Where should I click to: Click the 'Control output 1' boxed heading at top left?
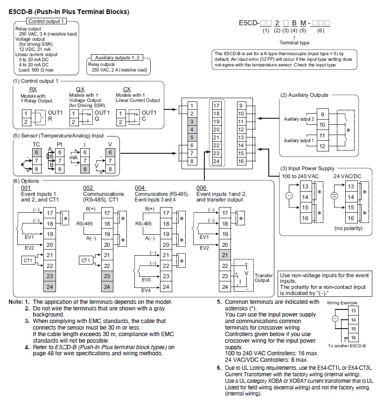tap(46, 21)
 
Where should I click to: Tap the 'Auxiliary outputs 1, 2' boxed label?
tap(117, 57)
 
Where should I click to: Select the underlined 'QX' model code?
tap(80, 89)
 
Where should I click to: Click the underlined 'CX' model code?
tap(127, 89)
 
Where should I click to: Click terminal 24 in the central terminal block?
tap(216, 161)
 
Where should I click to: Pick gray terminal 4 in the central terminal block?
tap(192, 129)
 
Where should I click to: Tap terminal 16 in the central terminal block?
tap(241, 161)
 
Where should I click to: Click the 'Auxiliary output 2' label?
tap(299, 119)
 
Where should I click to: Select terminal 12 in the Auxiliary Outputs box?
tap(322, 146)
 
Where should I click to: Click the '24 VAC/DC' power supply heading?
tap(347, 176)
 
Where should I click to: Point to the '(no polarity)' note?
tap(349, 228)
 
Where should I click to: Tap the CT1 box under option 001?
tap(28, 260)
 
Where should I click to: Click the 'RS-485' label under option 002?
tap(84, 223)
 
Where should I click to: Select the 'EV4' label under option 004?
tap(146, 290)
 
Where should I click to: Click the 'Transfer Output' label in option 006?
tap(264, 278)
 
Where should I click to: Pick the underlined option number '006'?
tap(201, 188)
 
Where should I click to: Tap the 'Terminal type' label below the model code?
tap(294, 43)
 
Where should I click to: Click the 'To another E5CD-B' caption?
tap(347, 346)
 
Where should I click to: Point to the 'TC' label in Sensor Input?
tap(36, 144)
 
